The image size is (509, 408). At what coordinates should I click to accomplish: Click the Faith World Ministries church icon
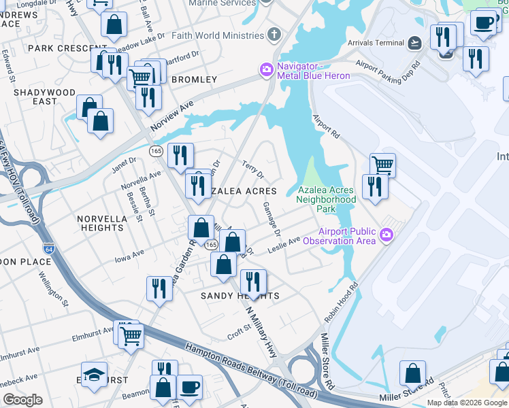[274, 35]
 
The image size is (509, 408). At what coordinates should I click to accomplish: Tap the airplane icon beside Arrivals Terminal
[415, 43]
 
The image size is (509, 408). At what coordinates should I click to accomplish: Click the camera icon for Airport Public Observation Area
[387, 235]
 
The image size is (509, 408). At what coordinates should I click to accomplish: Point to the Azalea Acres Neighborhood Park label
[326, 199]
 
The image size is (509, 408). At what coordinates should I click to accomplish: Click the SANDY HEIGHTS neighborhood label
[240, 296]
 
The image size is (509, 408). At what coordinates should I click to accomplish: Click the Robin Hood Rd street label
[341, 303]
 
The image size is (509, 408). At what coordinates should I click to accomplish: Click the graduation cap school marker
[94, 375]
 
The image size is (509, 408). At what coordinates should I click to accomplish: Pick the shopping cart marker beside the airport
[382, 165]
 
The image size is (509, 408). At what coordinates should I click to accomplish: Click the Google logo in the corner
[22, 400]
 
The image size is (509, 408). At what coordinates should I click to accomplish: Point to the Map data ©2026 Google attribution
[466, 403]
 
